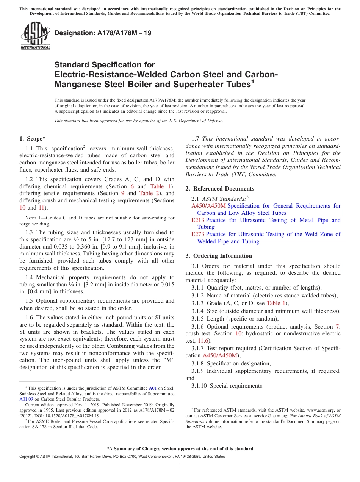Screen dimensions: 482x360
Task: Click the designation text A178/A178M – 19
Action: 103,33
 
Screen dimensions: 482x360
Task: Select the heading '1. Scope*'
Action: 32,139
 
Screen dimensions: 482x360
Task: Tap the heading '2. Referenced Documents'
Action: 220,189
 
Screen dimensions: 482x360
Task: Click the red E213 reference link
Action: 198,220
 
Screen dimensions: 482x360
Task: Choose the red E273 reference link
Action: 198,234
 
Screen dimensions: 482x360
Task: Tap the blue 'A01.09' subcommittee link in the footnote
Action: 26,399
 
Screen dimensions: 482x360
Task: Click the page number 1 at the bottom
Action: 180,465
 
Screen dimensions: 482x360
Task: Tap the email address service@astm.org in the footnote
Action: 271,416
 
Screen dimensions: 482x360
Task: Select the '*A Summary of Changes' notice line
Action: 180,449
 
